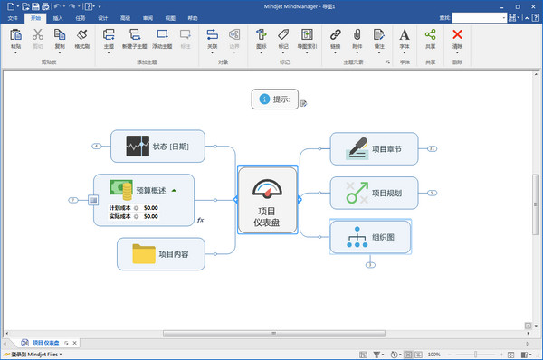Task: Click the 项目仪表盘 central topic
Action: tap(267, 200)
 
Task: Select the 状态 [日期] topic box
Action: tap(157, 146)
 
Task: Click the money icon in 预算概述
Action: tap(122, 189)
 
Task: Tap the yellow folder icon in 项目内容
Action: tap(144, 254)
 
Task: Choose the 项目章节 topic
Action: tap(374, 149)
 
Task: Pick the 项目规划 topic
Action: tap(374, 193)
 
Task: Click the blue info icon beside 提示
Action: tap(263, 99)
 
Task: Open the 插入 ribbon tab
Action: tap(58, 17)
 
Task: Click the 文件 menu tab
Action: tap(13, 17)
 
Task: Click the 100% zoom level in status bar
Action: tap(434, 355)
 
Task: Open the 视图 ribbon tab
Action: tap(169, 17)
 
